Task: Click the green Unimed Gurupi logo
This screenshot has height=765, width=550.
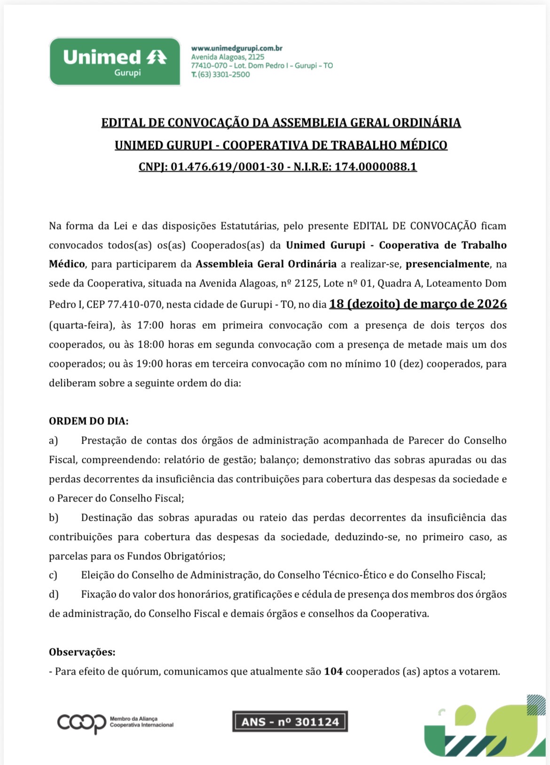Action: click(x=115, y=62)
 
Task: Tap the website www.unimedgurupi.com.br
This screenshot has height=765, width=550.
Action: click(x=236, y=48)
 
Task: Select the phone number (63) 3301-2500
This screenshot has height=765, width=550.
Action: click(x=224, y=74)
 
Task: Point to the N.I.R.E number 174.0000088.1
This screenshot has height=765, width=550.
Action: click(x=376, y=167)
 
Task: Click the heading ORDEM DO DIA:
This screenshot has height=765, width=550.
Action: click(x=88, y=421)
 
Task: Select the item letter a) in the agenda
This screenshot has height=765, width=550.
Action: click(x=54, y=440)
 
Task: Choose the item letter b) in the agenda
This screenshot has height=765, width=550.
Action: click(x=54, y=518)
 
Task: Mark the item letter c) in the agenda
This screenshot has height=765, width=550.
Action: click(x=53, y=575)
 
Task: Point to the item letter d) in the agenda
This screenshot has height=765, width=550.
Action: click(x=54, y=594)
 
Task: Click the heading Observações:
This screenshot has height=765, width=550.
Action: click(x=82, y=652)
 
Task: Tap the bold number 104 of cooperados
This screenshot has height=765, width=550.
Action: click(x=333, y=671)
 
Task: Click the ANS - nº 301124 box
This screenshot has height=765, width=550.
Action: click(x=290, y=722)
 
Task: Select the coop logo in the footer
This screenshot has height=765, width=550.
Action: click(x=82, y=723)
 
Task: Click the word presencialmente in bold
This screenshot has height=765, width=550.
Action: click(x=448, y=264)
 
